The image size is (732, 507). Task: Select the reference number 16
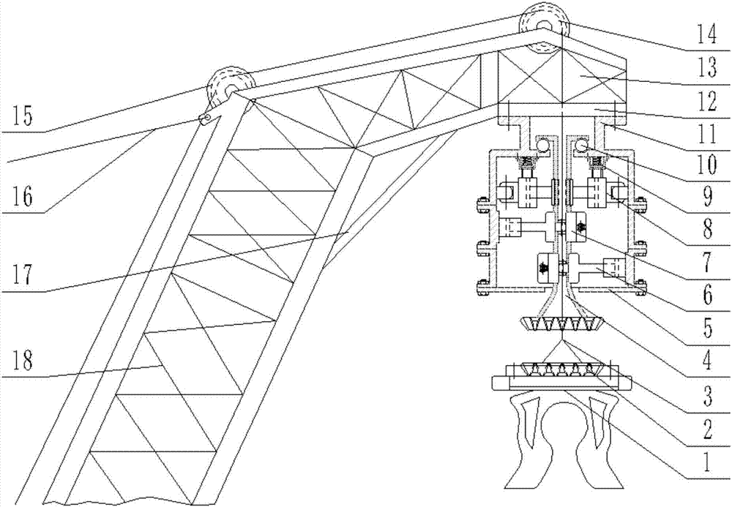coord(23,198)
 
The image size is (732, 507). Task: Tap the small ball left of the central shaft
coord(542,147)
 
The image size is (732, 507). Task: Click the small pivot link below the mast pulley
coord(209,118)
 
